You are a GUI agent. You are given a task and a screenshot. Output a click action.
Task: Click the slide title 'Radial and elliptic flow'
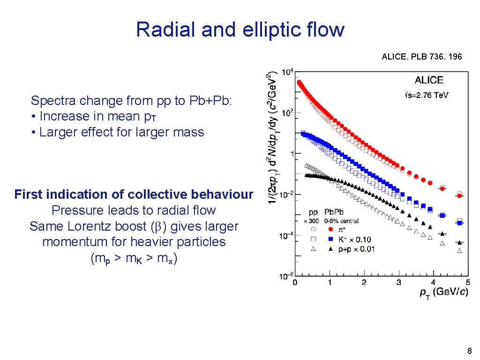coord(240,30)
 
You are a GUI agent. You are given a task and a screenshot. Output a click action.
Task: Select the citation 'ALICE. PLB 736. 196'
coord(421,57)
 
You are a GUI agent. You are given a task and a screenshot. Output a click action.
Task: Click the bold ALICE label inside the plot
coord(428,80)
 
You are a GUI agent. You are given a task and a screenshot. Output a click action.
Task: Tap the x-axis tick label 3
coord(399,282)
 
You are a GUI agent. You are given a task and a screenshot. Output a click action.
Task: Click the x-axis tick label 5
coord(467,282)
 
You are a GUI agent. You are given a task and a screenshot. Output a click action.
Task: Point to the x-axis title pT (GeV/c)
coord(443,292)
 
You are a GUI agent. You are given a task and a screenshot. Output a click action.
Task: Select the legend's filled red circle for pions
coord(330,230)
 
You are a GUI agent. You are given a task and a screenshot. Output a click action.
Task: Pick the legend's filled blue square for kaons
coord(330,240)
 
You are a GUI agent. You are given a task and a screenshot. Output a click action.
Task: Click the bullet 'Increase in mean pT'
coord(94,116)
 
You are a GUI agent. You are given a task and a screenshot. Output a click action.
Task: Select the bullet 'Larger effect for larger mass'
coord(118,132)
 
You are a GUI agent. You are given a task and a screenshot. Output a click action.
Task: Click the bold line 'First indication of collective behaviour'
coord(134,195)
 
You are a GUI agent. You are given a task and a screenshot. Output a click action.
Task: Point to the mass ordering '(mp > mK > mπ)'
coord(134,258)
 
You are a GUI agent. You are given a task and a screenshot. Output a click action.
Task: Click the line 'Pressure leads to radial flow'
coord(134,210)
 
